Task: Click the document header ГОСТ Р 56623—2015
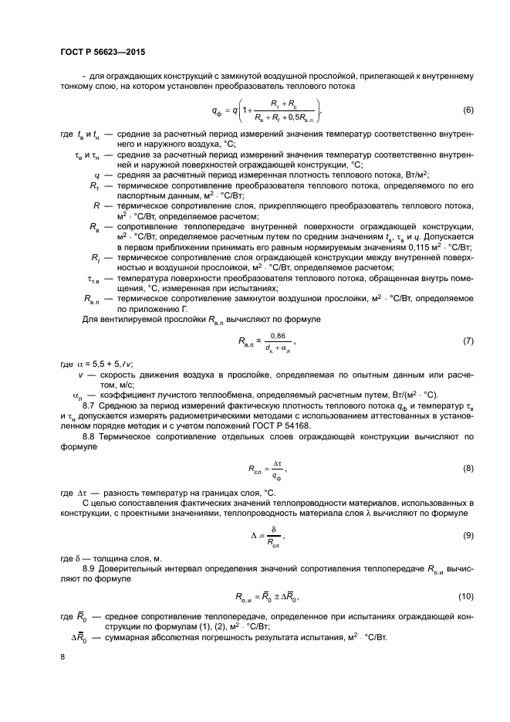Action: pyautogui.click(x=102, y=52)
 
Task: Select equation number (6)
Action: pyautogui.click(x=468, y=110)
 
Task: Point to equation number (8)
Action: pyautogui.click(x=468, y=468)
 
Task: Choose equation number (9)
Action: pyautogui.click(x=468, y=535)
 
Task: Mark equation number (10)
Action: pyautogui.click(x=466, y=595)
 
